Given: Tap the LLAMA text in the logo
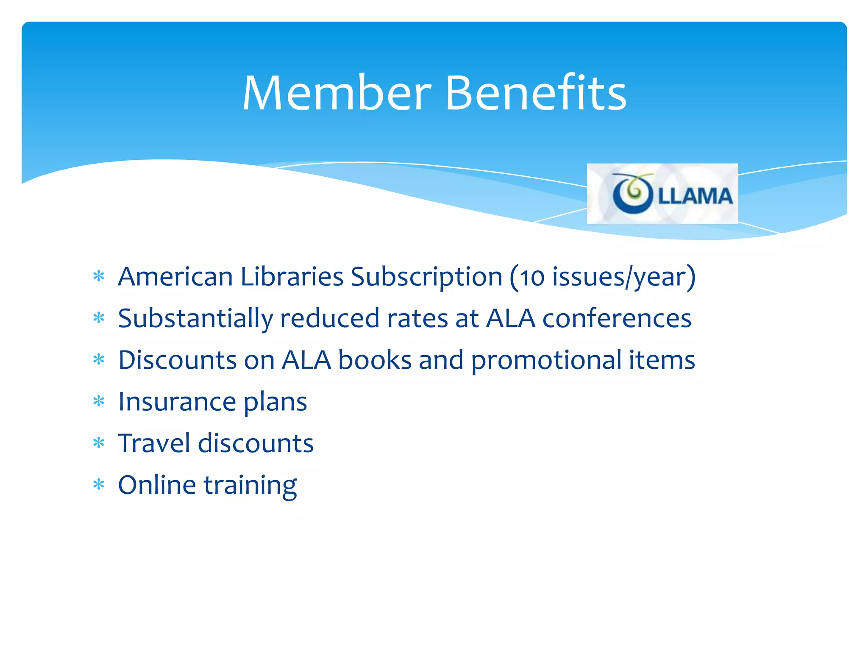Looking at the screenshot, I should pyautogui.click(x=695, y=196).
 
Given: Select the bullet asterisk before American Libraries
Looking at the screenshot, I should pyautogui.click(x=99, y=277).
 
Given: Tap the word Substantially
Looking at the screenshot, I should pyautogui.click(x=195, y=319).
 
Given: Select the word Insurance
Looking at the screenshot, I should pyautogui.click(x=177, y=402).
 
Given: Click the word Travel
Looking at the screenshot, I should pyautogui.click(x=154, y=443).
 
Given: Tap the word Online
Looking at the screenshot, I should pyautogui.click(x=157, y=485).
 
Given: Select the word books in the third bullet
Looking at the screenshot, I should pyautogui.click(x=375, y=360).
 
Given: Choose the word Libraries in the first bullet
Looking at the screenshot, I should pyautogui.click(x=292, y=277).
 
